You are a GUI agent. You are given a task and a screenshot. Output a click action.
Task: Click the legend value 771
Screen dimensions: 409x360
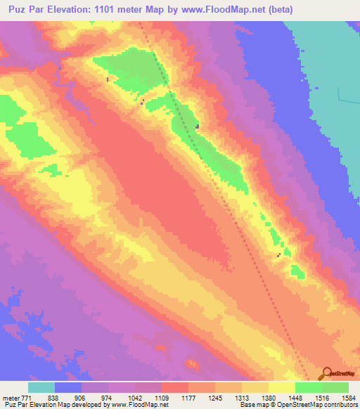point(27,396)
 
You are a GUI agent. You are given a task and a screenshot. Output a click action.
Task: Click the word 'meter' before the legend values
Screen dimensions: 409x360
point(11,396)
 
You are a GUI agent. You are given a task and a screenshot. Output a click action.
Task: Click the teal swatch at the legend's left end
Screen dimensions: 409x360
point(41,387)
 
